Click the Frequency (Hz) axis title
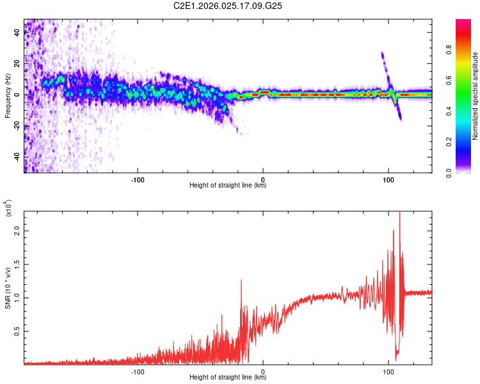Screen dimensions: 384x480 8,96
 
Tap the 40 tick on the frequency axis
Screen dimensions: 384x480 17,33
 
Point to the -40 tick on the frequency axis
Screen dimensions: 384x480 17,157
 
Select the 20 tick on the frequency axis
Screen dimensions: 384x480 17,64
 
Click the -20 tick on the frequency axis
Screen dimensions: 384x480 17,126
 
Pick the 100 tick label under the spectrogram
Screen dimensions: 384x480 388,179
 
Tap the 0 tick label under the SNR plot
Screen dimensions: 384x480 263,371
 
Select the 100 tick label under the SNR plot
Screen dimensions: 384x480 388,371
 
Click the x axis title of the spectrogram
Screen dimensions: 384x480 228,186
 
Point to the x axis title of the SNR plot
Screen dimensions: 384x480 228,378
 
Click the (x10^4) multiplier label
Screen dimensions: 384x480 9,209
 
